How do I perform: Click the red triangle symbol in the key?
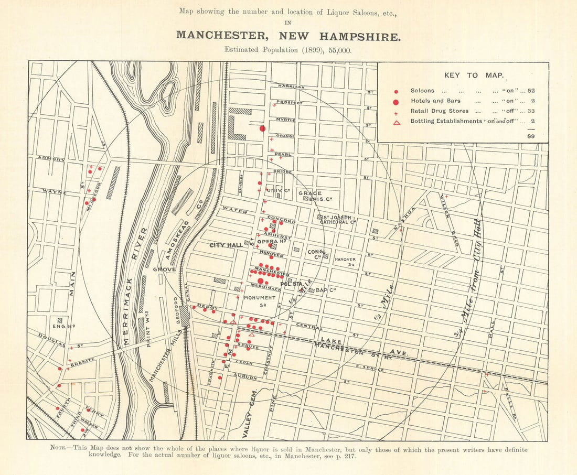point(397,122)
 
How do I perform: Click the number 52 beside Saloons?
point(531,91)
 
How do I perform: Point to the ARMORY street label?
point(51,159)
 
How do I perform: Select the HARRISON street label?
point(291,86)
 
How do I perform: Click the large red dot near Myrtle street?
point(263,128)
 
